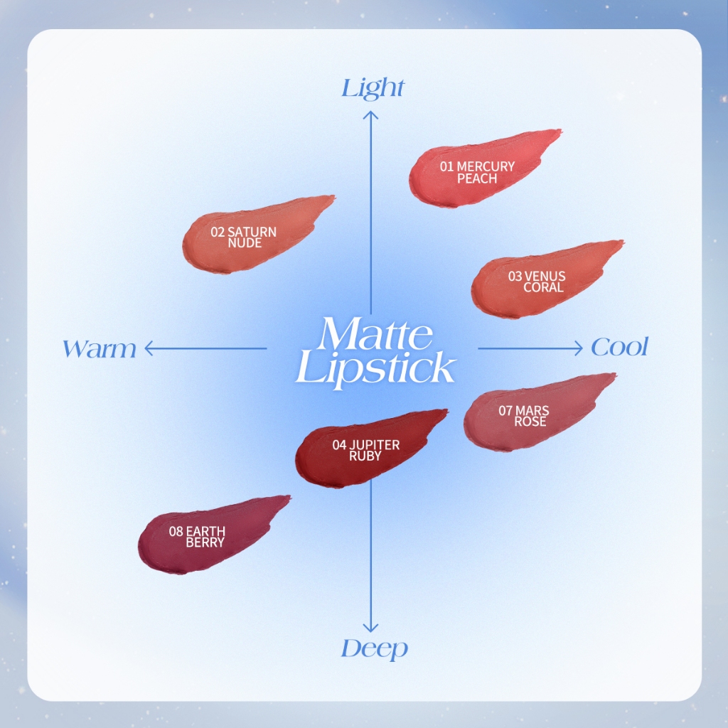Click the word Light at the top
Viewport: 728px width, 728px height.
coord(373,88)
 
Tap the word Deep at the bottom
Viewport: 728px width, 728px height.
coord(374,648)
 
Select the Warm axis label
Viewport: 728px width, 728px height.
coord(100,349)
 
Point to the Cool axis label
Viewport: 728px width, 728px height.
coord(619,347)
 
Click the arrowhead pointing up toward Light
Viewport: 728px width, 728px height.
coord(370,114)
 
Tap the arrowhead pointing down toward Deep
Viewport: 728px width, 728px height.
coord(370,628)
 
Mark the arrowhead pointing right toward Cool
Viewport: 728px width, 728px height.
coord(579,348)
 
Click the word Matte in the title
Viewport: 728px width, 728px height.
coord(375,334)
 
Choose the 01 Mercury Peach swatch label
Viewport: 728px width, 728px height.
coord(477,172)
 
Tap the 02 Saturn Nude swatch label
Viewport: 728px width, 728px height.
coord(243,237)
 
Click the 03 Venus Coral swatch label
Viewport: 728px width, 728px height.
coord(537,282)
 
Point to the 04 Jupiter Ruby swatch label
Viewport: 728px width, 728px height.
coord(366,450)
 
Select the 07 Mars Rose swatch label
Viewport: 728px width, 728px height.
coord(524,416)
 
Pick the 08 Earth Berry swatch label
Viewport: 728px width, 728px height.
coord(198,536)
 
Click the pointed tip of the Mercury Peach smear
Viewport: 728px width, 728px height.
coord(561,132)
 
